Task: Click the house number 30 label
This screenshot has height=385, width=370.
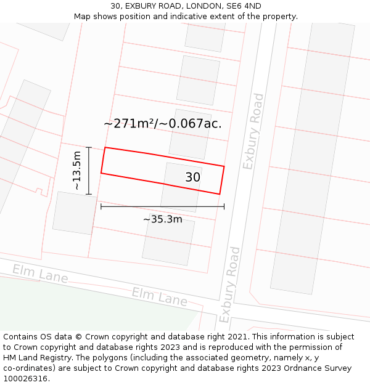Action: tap(192, 177)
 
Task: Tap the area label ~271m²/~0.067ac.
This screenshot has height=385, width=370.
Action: tap(162, 123)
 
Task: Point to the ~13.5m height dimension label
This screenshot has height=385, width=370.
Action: tap(76, 170)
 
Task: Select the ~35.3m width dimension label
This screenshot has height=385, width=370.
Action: tap(163, 219)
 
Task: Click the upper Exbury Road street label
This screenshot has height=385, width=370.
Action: tap(253, 131)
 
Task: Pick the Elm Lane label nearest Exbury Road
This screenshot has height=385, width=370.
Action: tap(159, 296)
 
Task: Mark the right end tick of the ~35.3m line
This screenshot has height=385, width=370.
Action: tap(224, 206)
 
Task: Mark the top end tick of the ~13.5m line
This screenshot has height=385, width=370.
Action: tap(89, 147)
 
